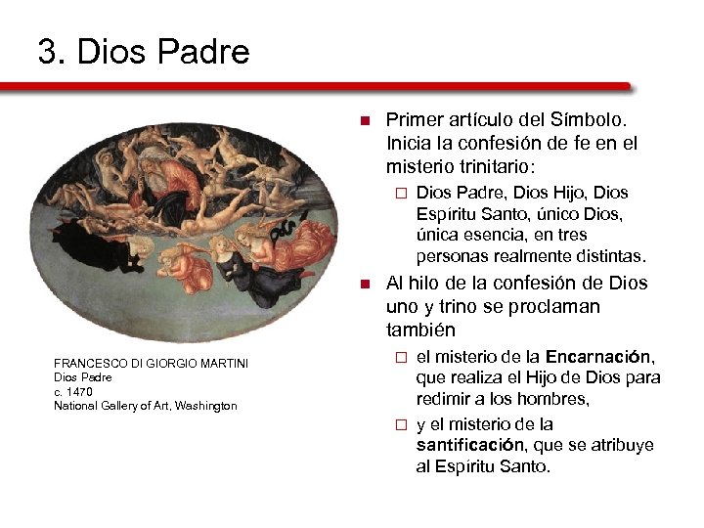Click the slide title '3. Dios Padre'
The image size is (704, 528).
tap(144, 51)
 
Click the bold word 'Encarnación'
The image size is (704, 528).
tap(599, 357)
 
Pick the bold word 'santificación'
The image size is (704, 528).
tap(471, 445)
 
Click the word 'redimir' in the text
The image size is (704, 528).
tap(445, 399)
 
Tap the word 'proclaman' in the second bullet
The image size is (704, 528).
tap(556, 307)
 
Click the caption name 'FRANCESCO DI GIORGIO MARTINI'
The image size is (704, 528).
tap(151, 364)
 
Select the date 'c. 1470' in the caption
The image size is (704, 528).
tap(73, 391)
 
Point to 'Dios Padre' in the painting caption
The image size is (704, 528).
tap(83, 377)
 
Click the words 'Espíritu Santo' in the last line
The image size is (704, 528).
tap(488, 466)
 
